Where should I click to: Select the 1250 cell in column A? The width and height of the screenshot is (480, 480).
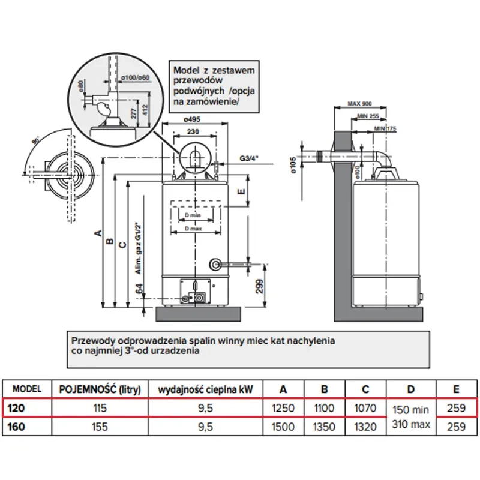point(283,408)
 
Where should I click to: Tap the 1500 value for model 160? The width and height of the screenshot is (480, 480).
point(283,427)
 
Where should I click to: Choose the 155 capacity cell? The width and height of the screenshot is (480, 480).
point(99,427)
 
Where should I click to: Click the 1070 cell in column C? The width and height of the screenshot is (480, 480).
point(365,408)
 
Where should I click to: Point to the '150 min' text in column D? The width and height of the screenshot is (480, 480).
point(411,410)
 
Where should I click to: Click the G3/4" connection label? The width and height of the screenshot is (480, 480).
point(248,159)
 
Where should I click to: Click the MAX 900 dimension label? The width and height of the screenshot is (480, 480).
point(360,103)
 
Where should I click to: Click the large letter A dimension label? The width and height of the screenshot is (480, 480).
point(97,233)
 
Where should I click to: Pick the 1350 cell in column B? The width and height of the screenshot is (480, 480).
point(324,427)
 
